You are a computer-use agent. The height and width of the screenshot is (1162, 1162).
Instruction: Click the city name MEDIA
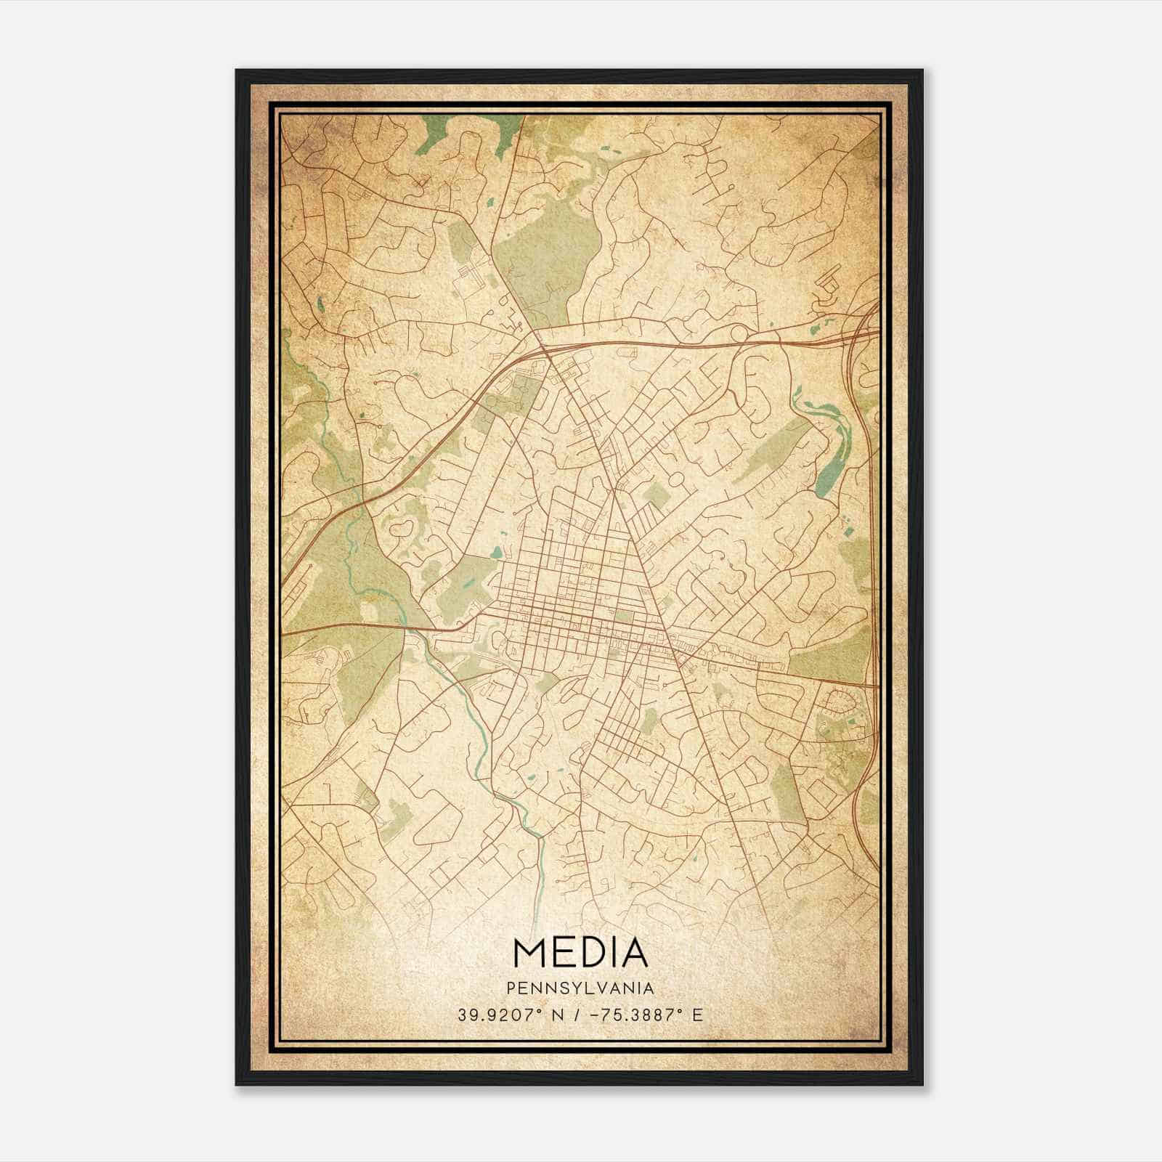[580, 952]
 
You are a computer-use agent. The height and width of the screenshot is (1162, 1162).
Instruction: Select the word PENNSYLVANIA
[580, 988]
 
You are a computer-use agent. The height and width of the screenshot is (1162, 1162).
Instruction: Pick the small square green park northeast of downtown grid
[657, 497]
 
